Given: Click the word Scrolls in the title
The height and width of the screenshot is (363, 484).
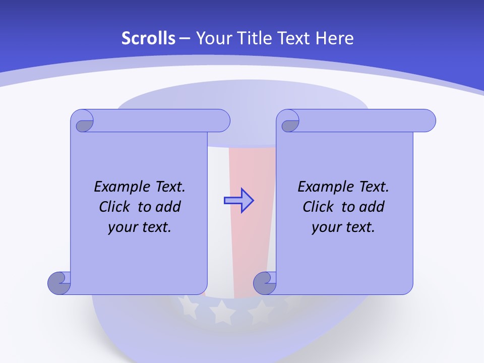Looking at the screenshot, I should click(148, 38).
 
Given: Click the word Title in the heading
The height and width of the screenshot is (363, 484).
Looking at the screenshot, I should click(250, 38).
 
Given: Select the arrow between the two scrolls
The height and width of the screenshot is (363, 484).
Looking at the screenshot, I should click(238, 201).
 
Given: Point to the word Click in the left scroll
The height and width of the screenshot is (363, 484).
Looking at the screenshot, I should click(116, 207).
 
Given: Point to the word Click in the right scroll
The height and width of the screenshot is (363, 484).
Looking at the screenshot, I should click(320, 207).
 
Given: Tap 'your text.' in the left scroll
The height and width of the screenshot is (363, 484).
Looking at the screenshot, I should click(140, 227).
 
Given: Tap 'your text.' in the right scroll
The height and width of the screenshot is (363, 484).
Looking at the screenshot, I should click(343, 227).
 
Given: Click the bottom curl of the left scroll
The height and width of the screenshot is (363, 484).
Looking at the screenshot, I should click(59, 282).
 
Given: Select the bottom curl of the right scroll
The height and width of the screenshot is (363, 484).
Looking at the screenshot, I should click(265, 282).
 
